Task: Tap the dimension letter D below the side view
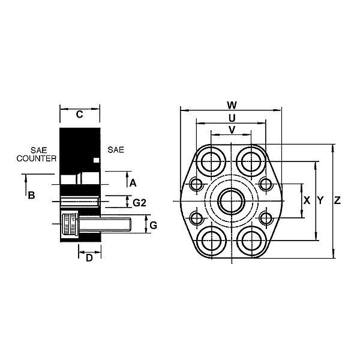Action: coord(89,258)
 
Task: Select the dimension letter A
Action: coord(133,182)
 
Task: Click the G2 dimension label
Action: coord(140,203)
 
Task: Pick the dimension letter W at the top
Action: coord(232,104)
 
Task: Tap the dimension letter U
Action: coord(232,118)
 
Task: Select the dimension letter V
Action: coord(232,130)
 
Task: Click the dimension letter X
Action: coord(307,201)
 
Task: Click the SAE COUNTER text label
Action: coord(36,154)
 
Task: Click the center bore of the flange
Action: coord(231,201)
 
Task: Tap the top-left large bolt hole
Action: coord(212,161)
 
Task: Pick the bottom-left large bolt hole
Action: coord(212,241)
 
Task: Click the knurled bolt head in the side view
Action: coord(71,226)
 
